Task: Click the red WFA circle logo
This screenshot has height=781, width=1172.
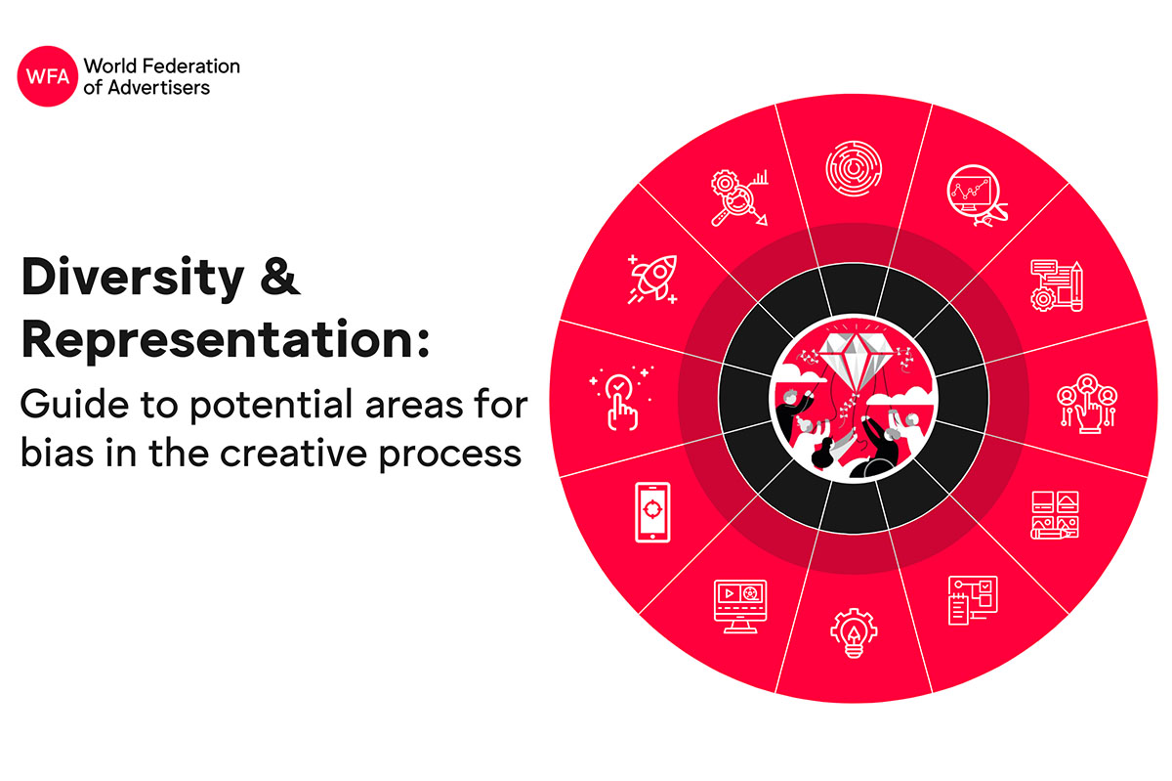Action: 48,76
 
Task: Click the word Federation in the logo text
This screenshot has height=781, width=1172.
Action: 191,66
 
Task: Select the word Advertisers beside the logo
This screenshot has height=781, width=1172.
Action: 159,87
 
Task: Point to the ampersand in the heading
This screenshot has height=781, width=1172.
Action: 280,276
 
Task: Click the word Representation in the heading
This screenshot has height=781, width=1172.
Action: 226,339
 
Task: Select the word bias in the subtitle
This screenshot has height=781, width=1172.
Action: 57,452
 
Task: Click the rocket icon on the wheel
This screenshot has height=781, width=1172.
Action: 653,280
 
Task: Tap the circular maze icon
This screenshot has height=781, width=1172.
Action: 854,168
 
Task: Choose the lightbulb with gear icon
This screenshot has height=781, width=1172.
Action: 854,632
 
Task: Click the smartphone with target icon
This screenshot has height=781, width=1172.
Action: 652,512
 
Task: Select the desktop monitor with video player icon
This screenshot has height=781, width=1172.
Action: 740,606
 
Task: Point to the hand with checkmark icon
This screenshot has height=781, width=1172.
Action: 621,398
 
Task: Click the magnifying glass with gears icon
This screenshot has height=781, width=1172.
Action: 739,198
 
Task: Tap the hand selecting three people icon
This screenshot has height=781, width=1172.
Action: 1087,404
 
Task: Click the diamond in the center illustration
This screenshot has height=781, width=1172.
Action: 856,356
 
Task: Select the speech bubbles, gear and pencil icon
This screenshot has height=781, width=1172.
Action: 1057,286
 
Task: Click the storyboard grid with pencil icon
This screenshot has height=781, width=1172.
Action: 1055,515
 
